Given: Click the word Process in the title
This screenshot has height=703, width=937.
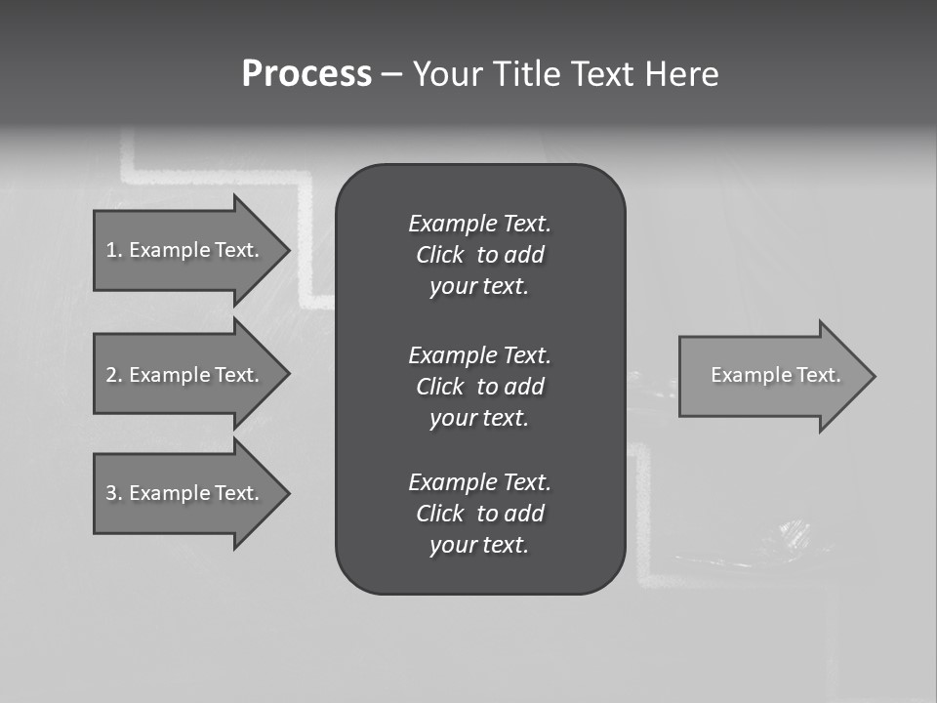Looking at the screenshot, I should click(x=306, y=74).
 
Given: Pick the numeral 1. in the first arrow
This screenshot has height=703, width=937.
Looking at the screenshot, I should click(x=114, y=250).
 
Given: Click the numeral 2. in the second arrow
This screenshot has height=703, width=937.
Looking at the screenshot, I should click(x=114, y=375).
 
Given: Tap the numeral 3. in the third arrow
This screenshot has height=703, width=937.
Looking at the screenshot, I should click(x=114, y=493).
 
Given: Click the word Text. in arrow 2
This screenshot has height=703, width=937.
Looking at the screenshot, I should click(x=236, y=375).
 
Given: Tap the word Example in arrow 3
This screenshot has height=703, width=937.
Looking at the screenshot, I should click(x=169, y=493).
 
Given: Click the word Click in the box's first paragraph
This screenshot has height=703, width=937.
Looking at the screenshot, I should click(x=439, y=255).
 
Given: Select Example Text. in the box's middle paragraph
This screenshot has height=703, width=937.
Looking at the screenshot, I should click(x=479, y=354).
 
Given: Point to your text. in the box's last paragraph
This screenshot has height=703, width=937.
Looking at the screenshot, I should click(x=479, y=545).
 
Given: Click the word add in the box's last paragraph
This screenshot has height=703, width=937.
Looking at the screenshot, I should click(x=525, y=514).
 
